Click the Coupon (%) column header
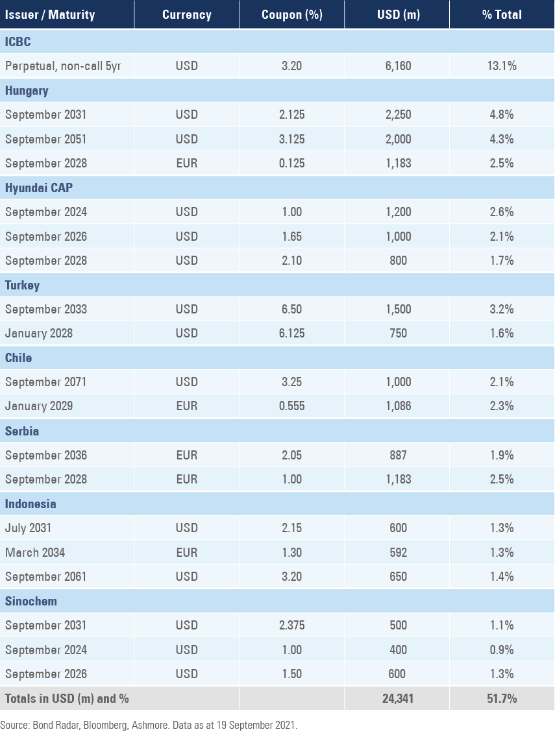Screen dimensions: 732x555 point(291,14)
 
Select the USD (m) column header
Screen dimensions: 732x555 point(398,14)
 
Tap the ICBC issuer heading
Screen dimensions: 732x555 point(18,42)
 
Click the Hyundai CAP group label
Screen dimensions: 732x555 point(39,188)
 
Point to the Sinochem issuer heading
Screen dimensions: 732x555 point(31,601)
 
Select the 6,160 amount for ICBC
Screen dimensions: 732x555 point(398,66)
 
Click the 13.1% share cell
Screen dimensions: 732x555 point(502,66)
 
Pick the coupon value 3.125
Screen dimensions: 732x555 point(291,139)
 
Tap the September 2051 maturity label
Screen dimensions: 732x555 point(45,139)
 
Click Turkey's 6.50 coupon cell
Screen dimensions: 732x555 point(291,309)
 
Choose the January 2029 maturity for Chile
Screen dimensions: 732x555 point(39,406)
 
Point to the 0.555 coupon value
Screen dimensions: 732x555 point(291,406)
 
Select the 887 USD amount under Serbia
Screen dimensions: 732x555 point(398,455)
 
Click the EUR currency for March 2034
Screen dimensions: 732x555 point(186,552)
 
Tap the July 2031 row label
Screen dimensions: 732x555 point(28,528)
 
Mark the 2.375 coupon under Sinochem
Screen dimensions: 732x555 point(291,626)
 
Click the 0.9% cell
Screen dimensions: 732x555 point(502,650)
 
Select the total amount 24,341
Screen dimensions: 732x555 point(398,699)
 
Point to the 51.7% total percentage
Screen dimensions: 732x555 point(502,699)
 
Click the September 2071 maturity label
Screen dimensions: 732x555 point(45,382)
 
